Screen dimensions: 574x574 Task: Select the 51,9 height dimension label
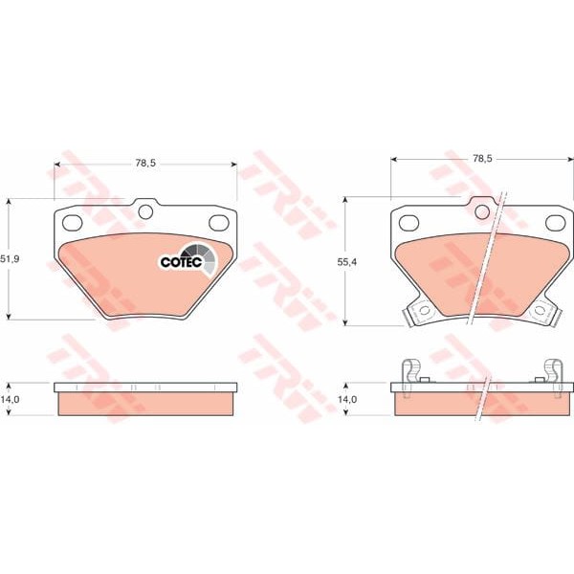(10, 259)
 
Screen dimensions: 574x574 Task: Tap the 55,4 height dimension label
(346, 262)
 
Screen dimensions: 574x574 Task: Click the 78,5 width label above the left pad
(145, 163)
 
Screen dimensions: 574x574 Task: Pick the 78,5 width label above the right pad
(482, 158)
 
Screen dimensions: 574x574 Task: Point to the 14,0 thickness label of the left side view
(10, 399)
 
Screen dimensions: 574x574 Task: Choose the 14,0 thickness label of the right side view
(347, 399)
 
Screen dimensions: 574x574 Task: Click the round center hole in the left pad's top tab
(145, 211)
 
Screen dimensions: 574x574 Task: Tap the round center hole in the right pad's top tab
(482, 211)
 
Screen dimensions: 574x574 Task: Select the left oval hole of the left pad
(72, 223)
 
